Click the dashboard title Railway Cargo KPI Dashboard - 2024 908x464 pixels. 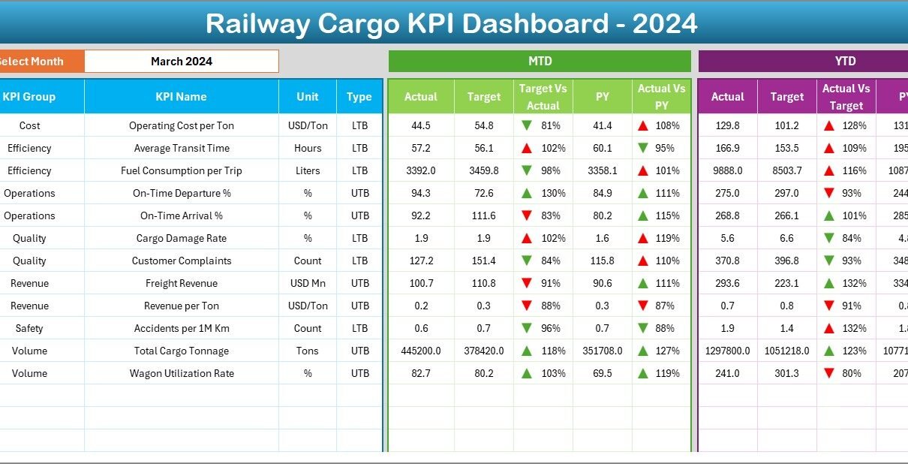[452, 23]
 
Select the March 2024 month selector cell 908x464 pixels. [181, 62]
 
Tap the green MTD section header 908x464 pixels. [540, 62]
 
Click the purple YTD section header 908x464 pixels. [845, 62]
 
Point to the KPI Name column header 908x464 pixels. [181, 97]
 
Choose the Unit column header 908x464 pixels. [307, 97]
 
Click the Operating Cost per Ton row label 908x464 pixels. [181, 126]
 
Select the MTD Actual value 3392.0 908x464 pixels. [420, 171]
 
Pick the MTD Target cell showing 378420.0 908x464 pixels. [483, 351]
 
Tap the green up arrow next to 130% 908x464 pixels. [527, 193]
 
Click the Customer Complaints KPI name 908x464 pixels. [182, 261]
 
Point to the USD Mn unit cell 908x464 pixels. [308, 284]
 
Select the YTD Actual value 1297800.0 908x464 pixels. [727, 351]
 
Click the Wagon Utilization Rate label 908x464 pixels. [182, 374]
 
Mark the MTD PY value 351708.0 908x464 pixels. [602, 351]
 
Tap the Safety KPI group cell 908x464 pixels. [29, 329]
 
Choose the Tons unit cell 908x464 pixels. [308, 351]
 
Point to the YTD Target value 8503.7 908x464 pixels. [786, 171]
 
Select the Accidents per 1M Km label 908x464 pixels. [182, 329]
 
